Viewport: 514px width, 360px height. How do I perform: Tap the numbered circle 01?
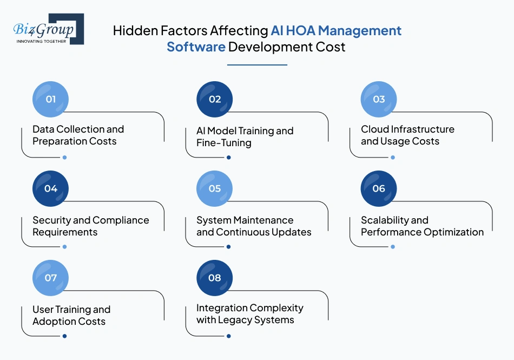point(51,99)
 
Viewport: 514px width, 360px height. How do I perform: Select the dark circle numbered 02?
point(214,99)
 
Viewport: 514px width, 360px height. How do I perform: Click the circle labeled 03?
point(379,99)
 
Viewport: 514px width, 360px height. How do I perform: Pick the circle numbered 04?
point(51,188)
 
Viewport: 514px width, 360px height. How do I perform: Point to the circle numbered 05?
point(214,188)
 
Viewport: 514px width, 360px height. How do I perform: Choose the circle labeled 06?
point(379,188)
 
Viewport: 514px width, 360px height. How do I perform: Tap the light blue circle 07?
point(51,278)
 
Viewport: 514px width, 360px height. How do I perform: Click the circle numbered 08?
point(214,278)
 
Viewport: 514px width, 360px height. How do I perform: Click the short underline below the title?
point(257,65)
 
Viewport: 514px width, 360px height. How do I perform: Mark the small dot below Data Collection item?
point(64,158)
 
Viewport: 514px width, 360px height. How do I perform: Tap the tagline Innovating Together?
point(42,41)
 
